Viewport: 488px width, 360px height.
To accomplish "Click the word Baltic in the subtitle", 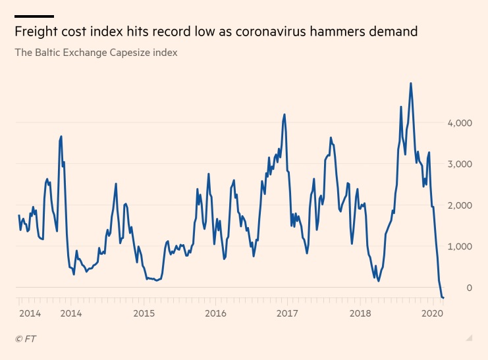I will (x=48, y=52).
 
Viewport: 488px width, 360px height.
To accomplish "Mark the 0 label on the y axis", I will (x=468, y=288).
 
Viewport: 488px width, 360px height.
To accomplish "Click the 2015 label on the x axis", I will (x=144, y=313).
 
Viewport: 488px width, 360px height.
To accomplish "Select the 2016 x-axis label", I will (x=216, y=313).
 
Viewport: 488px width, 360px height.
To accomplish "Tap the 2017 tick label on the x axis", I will (x=288, y=313).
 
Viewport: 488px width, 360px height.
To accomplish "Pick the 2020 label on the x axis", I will (x=431, y=313).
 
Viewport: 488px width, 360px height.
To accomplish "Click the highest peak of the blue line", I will (x=411, y=84).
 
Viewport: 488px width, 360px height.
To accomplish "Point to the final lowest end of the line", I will (x=443, y=298).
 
